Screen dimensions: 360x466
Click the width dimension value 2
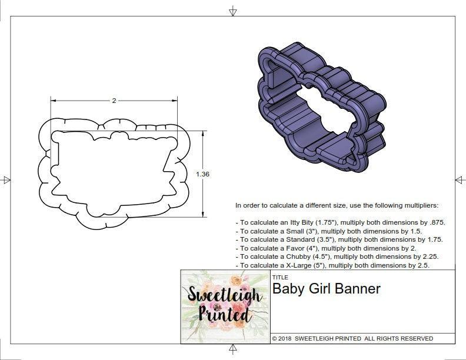point(114,101)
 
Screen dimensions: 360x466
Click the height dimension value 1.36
point(203,174)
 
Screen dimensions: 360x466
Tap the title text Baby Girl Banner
point(326,289)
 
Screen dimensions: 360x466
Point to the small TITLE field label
point(280,276)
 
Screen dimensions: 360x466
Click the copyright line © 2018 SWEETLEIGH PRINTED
point(352,339)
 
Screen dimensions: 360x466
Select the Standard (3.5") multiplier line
point(339,240)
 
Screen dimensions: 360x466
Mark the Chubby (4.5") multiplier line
point(337,257)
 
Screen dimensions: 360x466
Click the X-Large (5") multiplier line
point(332,266)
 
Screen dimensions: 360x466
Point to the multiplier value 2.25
point(429,257)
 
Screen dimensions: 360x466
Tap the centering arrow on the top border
point(233,10)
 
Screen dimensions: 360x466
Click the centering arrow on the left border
point(6,180)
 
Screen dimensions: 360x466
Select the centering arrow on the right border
point(460,180)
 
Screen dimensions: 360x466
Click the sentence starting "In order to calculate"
point(337,205)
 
